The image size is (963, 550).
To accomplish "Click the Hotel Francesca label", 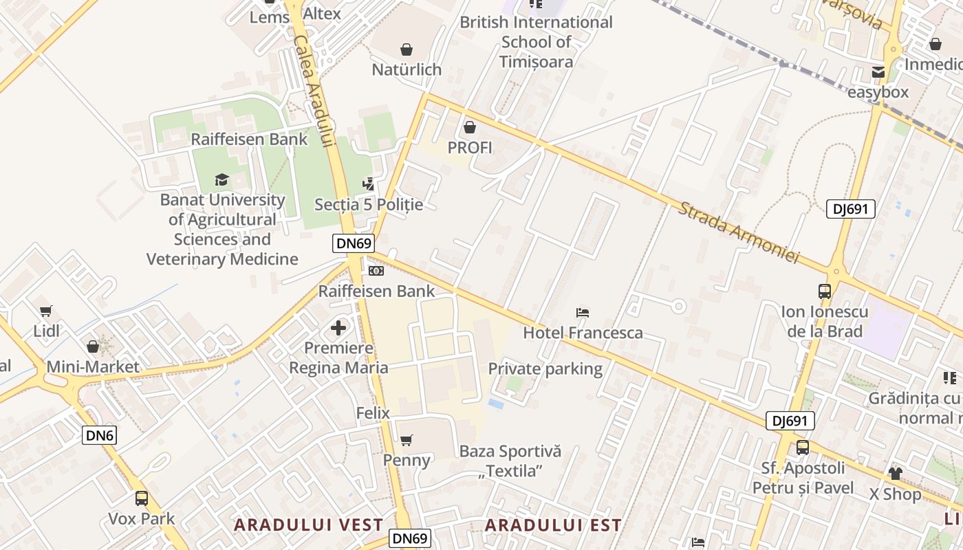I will pos(583,333).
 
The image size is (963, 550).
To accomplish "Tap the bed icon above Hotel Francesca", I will pos(583,313).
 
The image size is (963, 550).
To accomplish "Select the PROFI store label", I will pos(470,147).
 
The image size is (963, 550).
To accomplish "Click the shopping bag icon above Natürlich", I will pos(407,49).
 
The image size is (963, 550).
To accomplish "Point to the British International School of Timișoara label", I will pos(536,41).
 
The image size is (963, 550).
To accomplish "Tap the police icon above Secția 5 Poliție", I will pos(369,184).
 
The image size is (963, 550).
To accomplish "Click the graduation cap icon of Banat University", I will pos(221,180).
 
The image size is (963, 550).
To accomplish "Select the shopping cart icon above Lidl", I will pos(46,311).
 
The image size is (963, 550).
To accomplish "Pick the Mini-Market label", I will pos(93,366).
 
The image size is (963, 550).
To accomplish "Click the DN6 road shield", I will pos(100,434).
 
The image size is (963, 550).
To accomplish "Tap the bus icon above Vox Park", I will pos(142,498).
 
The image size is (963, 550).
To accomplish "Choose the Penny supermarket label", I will pos(407,460).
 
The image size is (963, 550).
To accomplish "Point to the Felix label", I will pos(373,413).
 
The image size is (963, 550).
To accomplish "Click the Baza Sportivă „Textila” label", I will pos(510,461).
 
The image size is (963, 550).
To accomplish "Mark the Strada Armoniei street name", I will pos(739,232).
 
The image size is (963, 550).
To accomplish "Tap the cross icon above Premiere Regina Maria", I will pos(338,327).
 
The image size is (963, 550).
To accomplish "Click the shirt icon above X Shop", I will pos(895,473).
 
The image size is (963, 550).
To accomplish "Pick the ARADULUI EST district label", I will pos(553,525).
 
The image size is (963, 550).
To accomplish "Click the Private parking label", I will pos(545,368).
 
